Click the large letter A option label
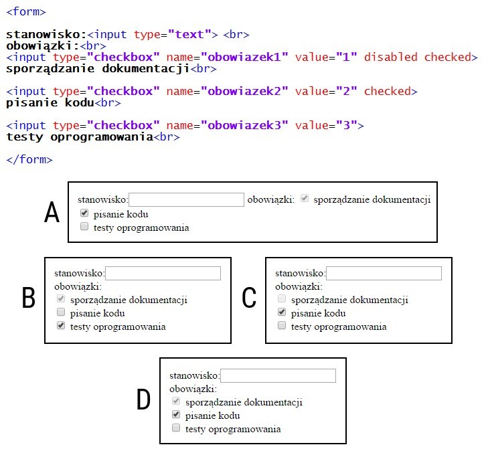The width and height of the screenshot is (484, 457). pyautogui.click(x=52, y=213)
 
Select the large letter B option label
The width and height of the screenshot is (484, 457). pyautogui.click(x=28, y=298)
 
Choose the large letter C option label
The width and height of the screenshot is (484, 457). pyautogui.click(x=249, y=298)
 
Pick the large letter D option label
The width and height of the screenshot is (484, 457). pyautogui.click(x=143, y=400)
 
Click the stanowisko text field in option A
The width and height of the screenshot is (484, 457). pyautogui.click(x=186, y=199)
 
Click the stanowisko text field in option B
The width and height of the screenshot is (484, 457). pyautogui.click(x=163, y=273)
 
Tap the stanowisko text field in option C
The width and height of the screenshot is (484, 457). pyautogui.click(x=384, y=273)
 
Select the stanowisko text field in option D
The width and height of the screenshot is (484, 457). pyautogui.click(x=278, y=376)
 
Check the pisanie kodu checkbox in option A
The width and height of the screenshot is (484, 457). pyautogui.click(x=84, y=214)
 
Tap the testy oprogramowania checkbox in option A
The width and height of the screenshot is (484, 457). pyautogui.click(x=84, y=227)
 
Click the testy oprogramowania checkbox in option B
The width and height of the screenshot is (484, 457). pyautogui.click(x=61, y=326)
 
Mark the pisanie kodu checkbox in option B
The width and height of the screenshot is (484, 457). pyautogui.click(x=61, y=312)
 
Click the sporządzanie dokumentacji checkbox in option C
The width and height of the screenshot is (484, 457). pyautogui.click(x=282, y=299)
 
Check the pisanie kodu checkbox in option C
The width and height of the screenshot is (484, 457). pyautogui.click(x=282, y=312)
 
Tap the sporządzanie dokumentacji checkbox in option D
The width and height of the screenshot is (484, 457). pyautogui.click(x=176, y=401)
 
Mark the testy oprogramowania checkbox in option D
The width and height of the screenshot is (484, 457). pyautogui.click(x=176, y=428)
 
